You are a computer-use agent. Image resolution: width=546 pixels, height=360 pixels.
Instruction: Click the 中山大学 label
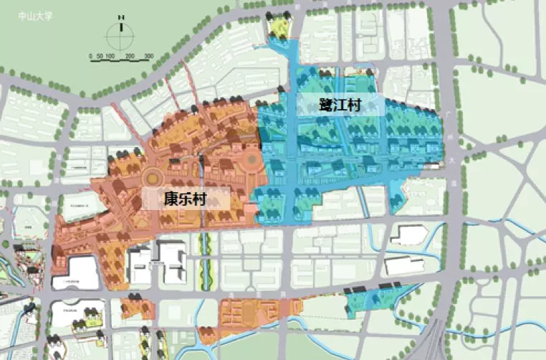pos(34,13)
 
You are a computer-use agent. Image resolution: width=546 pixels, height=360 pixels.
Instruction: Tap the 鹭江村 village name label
pos(340,105)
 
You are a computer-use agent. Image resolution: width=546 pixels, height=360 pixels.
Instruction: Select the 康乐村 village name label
pos(185,199)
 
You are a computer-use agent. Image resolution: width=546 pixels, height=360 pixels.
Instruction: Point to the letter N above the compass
pos(121,16)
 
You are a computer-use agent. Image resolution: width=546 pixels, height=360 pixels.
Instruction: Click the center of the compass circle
pos(121,34)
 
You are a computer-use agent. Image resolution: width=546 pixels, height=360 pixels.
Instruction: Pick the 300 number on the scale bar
pos(149,56)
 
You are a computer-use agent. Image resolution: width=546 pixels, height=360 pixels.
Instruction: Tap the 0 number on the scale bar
pos(91,56)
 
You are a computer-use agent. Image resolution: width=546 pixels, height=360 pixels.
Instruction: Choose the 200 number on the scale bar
pos(130,56)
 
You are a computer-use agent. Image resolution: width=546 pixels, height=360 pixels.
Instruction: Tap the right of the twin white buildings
pos(173,261)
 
